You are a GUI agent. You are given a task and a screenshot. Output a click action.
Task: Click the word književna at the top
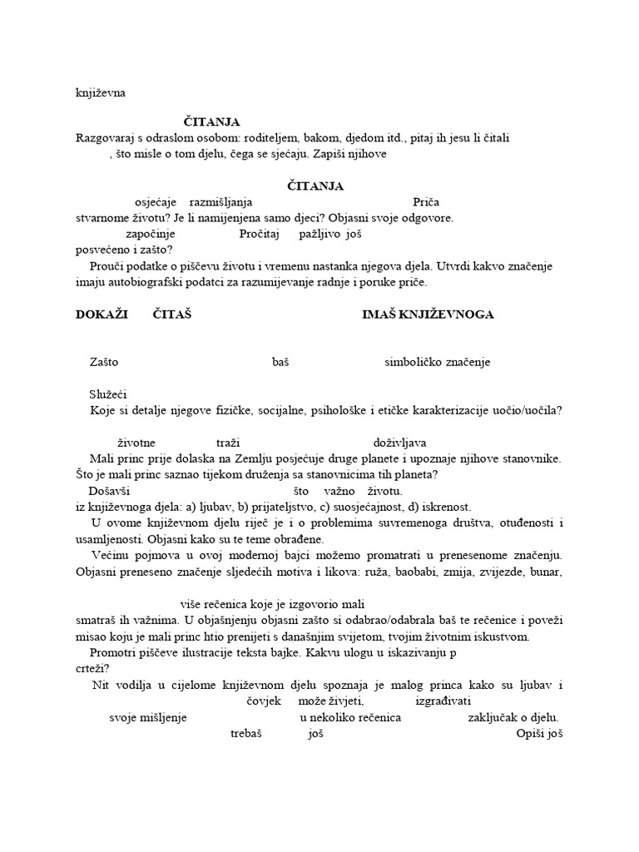tap(100, 93)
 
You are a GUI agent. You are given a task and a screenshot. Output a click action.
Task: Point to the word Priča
tap(426, 202)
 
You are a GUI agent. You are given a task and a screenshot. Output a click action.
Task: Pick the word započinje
tap(151, 235)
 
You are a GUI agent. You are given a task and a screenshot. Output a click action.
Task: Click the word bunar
tap(547, 572)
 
